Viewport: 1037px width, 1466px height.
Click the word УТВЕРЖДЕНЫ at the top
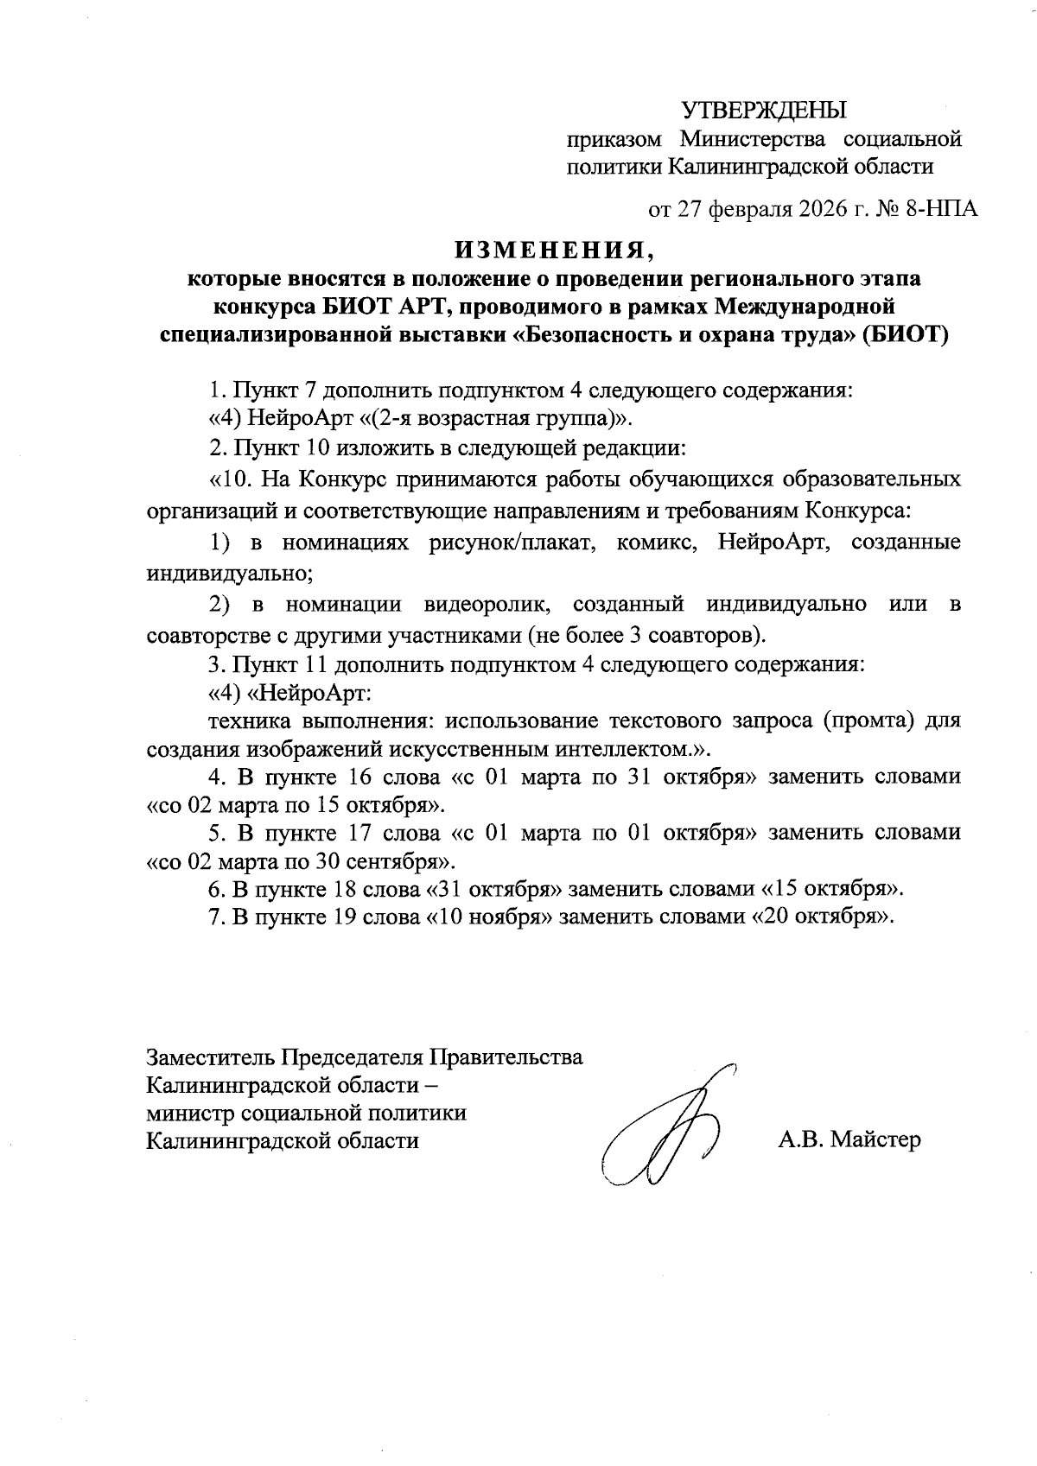point(765,111)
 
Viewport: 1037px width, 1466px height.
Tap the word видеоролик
point(485,606)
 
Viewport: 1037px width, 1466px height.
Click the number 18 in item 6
point(344,890)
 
